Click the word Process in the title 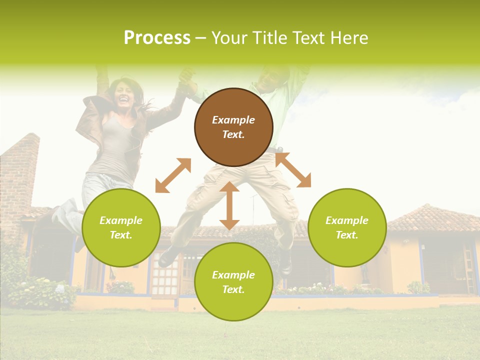(157, 37)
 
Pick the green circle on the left (121, 228)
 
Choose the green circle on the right (347, 228)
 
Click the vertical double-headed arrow (229, 205)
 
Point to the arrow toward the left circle (173, 175)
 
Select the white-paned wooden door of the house (165, 277)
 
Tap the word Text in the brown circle (233, 134)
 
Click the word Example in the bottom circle (233, 275)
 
